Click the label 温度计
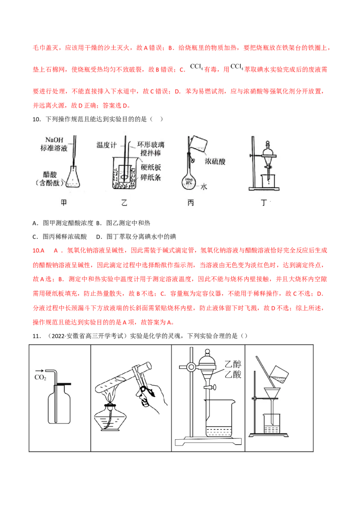(107, 145)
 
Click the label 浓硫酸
(215, 161)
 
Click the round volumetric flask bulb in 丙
(189, 182)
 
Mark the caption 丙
(191, 203)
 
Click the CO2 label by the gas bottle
(40, 378)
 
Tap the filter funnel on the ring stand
(273, 395)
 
